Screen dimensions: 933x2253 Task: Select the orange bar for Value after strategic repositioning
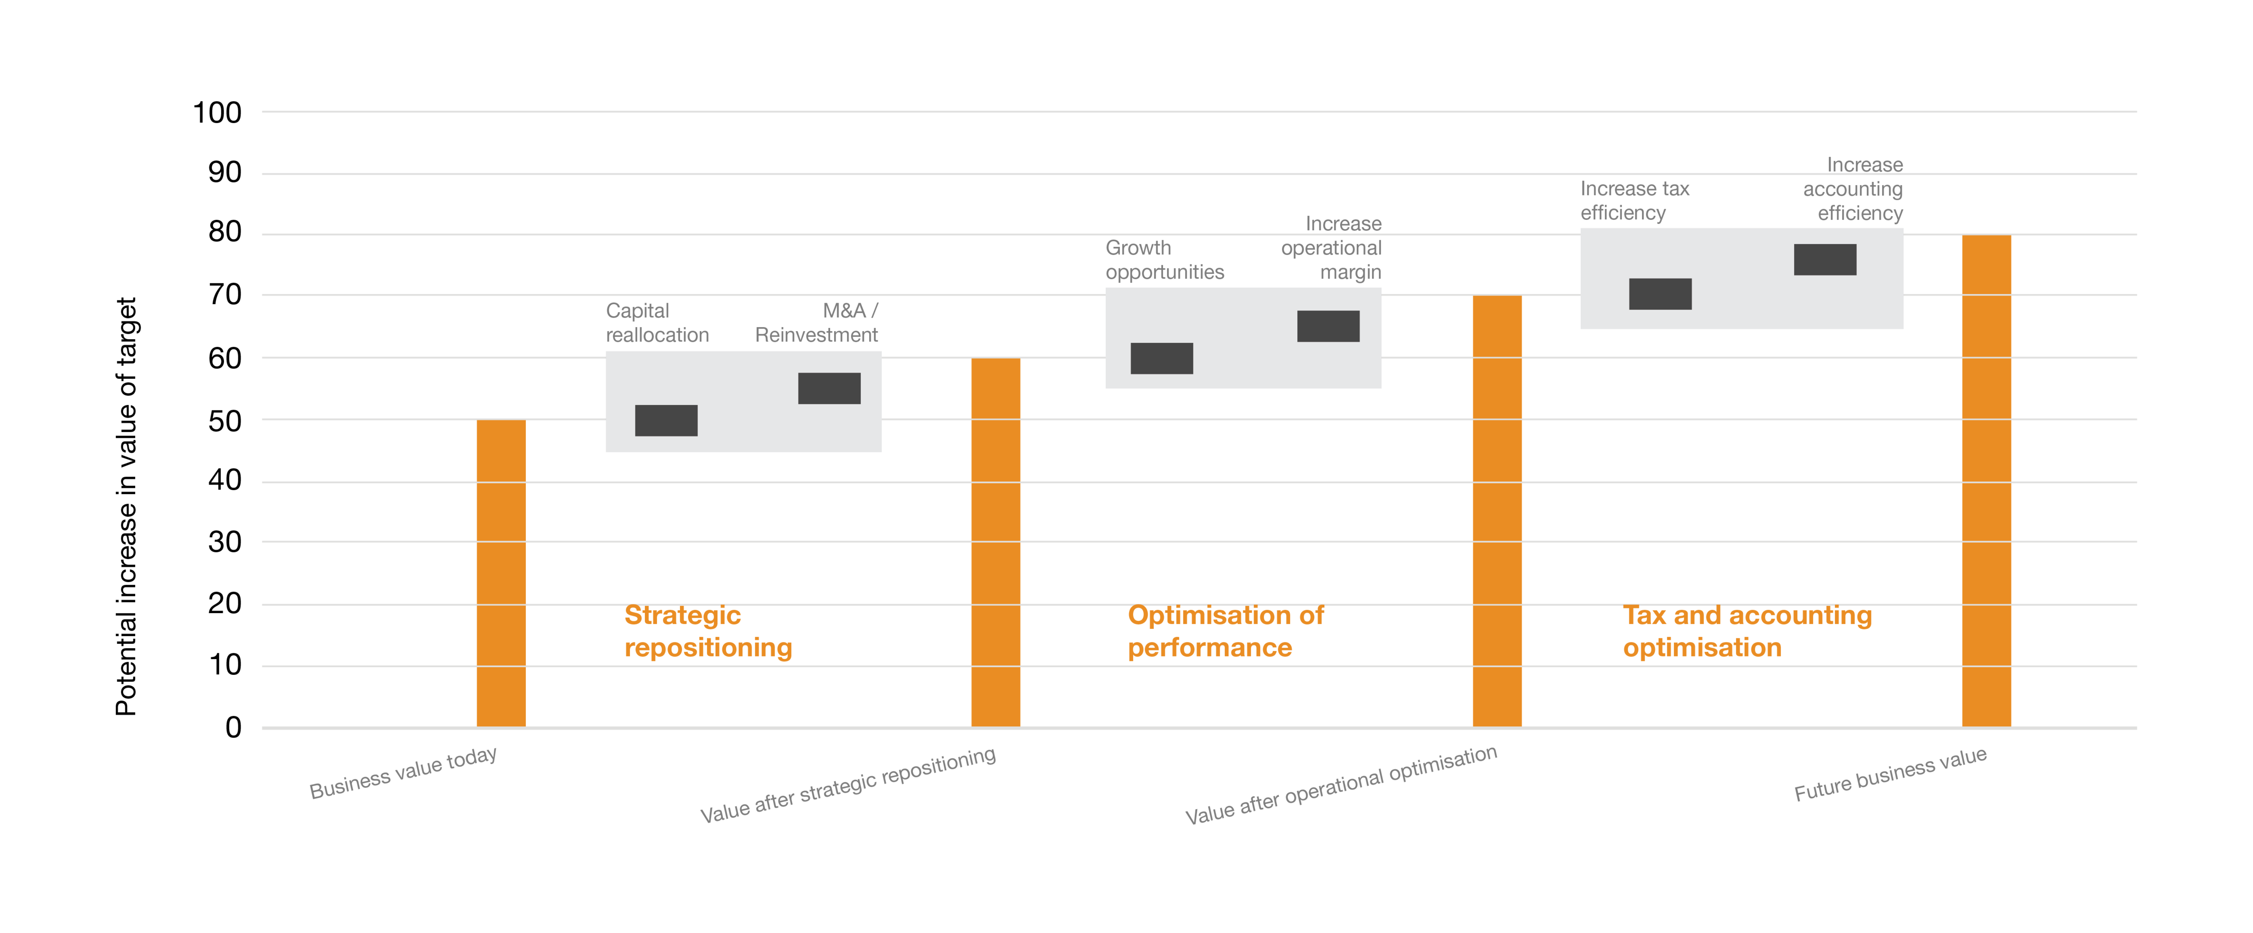click(x=995, y=542)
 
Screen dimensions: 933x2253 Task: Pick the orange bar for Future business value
click(x=1986, y=481)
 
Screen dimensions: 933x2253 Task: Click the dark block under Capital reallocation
click(x=666, y=421)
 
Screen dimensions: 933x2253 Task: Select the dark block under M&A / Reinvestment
click(x=829, y=388)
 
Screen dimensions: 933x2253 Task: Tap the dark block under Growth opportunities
click(x=1162, y=359)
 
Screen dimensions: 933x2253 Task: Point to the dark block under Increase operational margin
click(x=1327, y=326)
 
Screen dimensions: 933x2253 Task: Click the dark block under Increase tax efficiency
click(x=1660, y=294)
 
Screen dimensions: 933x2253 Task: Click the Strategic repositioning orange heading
click(x=707, y=631)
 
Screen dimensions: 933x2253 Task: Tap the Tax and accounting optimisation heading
click(x=1747, y=631)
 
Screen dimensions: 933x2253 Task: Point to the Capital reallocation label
click(x=657, y=323)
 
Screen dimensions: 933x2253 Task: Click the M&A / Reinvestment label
click(x=817, y=323)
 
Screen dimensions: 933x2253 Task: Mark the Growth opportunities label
click(x=1164, y=259)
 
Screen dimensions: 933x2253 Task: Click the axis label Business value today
click(x=403, y=773)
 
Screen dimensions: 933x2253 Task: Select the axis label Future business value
click(x=1890, y=775)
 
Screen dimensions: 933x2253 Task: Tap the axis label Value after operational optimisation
click(x=1341, y=785)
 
